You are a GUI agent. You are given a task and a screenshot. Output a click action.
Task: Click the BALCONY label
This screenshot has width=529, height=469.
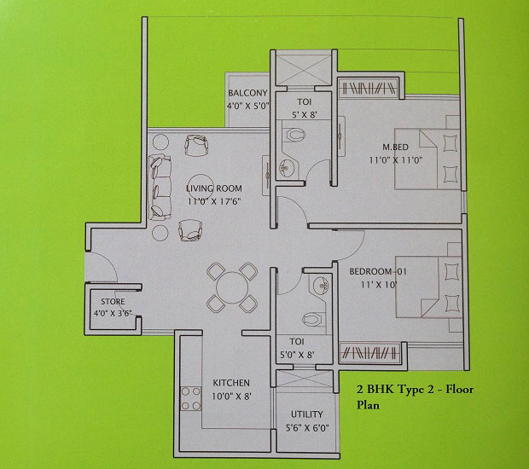(247, 93)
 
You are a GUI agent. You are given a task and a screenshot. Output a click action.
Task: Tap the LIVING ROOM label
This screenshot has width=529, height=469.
(214, 188)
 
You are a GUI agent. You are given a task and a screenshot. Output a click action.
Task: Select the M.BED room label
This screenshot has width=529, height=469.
(395, 147)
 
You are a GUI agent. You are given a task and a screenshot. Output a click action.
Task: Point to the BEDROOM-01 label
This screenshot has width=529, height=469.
(378, 271)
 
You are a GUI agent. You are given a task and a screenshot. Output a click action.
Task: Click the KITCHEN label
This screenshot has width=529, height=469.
(231, 383)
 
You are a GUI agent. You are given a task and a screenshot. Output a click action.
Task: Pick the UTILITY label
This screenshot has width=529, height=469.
(306, 414)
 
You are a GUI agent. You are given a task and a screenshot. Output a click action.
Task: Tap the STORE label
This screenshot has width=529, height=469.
(113, 301)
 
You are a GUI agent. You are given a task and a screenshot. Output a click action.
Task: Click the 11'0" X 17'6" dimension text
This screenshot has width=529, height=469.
(214, 201)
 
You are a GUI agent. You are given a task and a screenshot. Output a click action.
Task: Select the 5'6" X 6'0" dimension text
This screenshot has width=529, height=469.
(307, 428)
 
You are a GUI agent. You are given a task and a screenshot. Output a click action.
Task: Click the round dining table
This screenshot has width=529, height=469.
(232, 287)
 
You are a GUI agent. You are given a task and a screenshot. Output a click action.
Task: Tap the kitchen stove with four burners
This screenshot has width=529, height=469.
(190, 398)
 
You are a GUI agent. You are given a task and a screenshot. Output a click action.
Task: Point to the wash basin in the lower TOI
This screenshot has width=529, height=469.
(319, 286)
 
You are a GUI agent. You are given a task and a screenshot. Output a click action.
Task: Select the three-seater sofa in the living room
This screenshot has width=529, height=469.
(160, 188)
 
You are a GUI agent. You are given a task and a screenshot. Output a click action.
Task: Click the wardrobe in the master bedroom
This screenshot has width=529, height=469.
(368, 89)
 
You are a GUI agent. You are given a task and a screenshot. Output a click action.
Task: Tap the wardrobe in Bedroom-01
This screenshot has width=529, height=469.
(369, 353)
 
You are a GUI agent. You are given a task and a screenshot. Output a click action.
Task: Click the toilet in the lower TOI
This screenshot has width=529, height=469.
(314, 320)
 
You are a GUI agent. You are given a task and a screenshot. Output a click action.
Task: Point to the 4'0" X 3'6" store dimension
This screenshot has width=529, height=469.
(113, 313)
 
